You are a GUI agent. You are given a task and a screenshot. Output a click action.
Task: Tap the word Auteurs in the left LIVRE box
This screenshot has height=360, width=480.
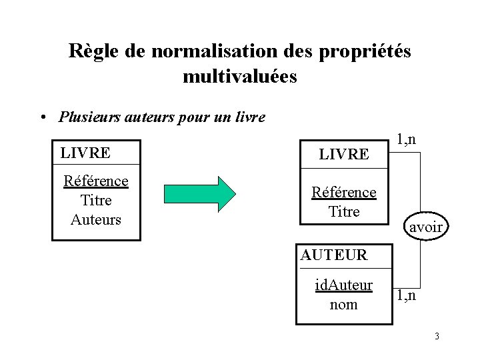pyautogui.click(x=95, y=219)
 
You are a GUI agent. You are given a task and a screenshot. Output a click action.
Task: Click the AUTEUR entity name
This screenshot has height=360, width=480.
pyautogui.click(x=333, y=255)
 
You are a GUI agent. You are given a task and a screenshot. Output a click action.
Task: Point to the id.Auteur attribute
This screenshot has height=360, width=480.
pyautogui.click(x=343, y=286)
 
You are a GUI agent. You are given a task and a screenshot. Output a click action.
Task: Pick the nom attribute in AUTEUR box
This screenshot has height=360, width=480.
pyautogui.click(x=343, y=304)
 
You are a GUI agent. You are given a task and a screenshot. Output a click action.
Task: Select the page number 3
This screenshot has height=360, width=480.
pyautogui.click(x=437, y=336)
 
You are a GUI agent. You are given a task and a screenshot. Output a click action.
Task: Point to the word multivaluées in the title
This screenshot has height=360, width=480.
pyautogui.click(x=240, y=77)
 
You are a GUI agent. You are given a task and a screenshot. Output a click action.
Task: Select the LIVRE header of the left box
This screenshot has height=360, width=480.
pyautogui.click(x=85, y=152)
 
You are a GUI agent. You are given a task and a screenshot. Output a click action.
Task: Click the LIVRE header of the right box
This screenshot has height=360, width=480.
pyautogui.click(x=344, y=154)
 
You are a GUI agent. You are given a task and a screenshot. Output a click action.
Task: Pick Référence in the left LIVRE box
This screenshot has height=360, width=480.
pyautogui.click(x=95, y=181)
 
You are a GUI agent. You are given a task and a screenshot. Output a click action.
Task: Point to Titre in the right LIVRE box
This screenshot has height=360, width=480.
pyautogui.click(x=344, y=211)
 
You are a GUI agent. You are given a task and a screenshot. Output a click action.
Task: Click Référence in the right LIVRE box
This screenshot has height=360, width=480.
pyautogui.click(x=344, y=193)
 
